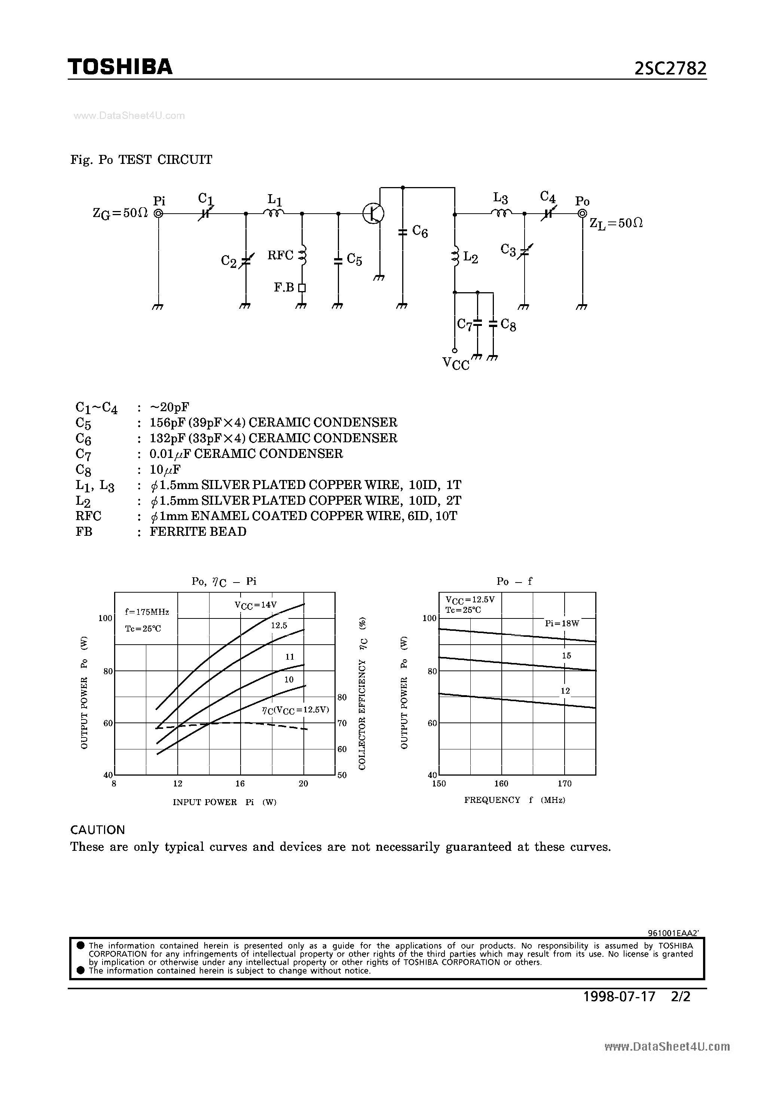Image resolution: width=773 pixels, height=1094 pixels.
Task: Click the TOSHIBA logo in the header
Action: coord(120,67)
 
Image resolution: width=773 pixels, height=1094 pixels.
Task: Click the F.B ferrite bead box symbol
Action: coord(302,287)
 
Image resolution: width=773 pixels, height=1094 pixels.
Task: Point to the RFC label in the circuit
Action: coord(280,256)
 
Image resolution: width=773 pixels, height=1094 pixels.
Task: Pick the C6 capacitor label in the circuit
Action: coord(420,232)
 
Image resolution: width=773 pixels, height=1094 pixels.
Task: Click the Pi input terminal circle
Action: coord(159,214)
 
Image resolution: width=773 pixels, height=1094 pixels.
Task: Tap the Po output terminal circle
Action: coord(582,214)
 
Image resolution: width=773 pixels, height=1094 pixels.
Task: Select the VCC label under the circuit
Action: coord(456,364)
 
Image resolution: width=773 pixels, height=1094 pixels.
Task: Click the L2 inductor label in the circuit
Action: coord(470,258)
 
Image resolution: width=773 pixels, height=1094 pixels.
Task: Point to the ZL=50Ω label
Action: coord(616,223)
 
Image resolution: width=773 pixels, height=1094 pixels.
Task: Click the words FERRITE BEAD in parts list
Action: coord(198,531)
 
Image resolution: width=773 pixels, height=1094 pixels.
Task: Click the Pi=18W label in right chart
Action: coord(562,623)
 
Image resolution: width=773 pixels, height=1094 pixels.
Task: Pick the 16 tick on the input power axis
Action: coord(240,783)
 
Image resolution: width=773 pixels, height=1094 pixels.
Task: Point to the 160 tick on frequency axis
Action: coord(501,783)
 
